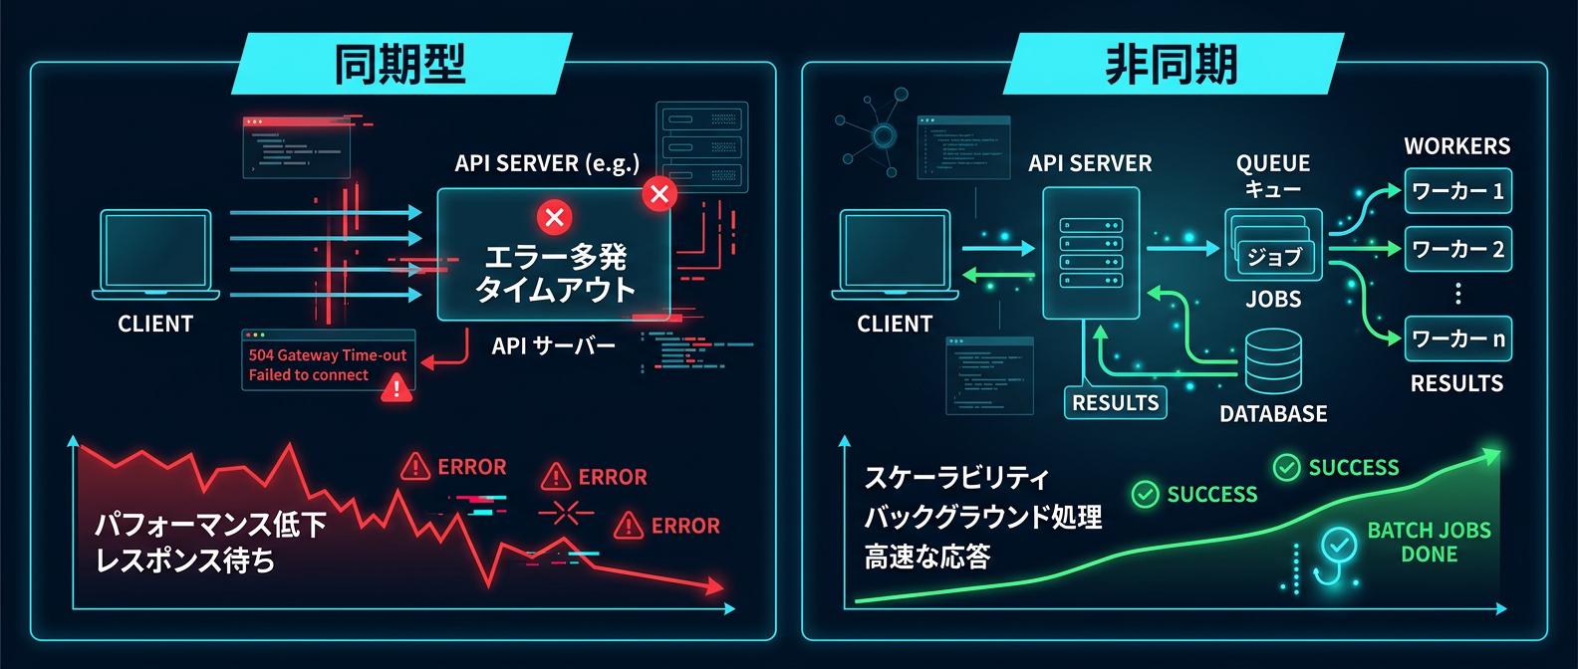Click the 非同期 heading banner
(1172, 64)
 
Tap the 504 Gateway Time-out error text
(328, 355)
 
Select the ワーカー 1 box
(1457, 191)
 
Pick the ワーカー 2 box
(1457, 249)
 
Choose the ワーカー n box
(1457, 338)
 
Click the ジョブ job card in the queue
(1276, 257)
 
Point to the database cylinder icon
(1273, 361)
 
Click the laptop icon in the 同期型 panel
(155, 254)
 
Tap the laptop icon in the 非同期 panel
(895, 254)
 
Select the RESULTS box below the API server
(1115, 402)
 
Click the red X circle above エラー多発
(555, 217)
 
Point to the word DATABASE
(1273, 414)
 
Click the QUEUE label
(1273, 163)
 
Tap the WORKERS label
(1456, 146)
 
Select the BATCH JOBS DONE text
(1429, 543)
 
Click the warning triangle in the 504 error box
(396, 386)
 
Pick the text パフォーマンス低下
(210, 524)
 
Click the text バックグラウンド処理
(982, 517)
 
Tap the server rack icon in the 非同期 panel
(1090, 253)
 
